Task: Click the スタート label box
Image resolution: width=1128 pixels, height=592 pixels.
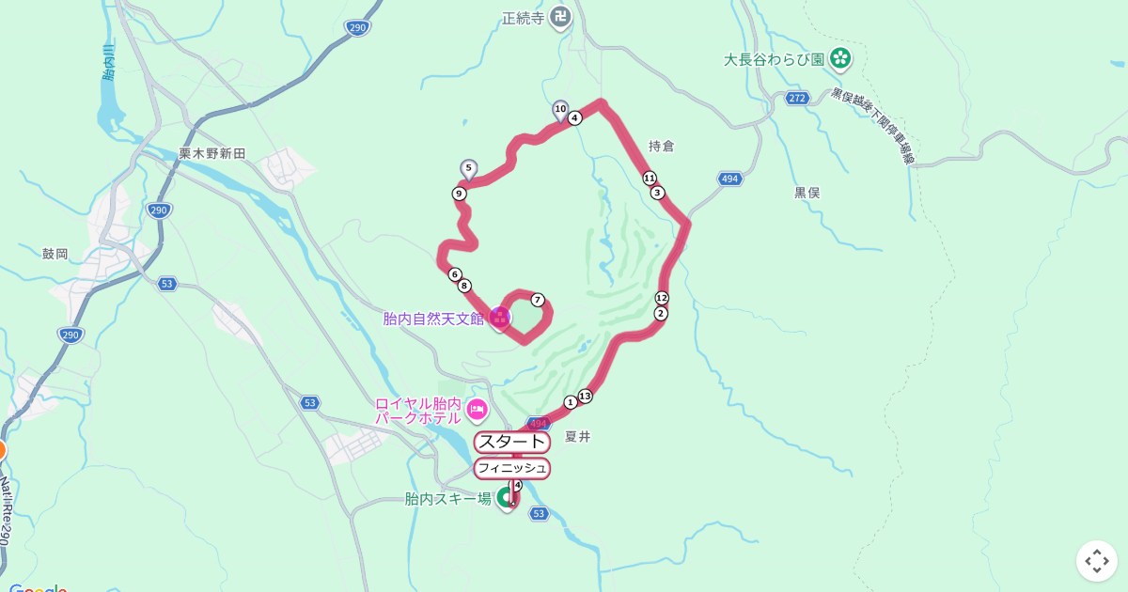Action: pos(511,443)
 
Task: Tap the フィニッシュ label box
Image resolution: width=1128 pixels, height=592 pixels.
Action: pos(511,468)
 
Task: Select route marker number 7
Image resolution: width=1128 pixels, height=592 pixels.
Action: pos(538,300)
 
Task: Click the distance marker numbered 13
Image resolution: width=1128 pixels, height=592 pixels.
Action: pos(586,396)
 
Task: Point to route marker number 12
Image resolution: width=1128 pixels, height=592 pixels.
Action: pos(662,298)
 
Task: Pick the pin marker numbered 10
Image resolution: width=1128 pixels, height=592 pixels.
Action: pos(560,110)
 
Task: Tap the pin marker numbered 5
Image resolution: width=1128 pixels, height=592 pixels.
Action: pos(468,168)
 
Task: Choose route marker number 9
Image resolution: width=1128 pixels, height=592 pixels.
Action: pos(459,194)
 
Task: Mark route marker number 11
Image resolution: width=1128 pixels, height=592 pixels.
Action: pos(650,178)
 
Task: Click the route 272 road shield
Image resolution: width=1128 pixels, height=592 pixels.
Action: pos(797,98)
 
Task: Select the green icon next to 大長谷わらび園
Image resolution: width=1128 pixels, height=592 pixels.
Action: pos(840,59)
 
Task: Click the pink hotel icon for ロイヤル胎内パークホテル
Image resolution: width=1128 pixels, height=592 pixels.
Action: pos(477,409)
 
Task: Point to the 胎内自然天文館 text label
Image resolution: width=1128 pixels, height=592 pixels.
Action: pos(433,319)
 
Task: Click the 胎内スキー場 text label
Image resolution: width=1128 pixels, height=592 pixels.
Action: pos(447,499)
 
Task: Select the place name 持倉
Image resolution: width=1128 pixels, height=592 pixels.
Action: pos(662,147)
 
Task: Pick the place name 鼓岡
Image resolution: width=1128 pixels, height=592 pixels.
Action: pos(55,254)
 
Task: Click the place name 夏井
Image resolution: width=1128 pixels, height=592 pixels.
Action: pos(577,436)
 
